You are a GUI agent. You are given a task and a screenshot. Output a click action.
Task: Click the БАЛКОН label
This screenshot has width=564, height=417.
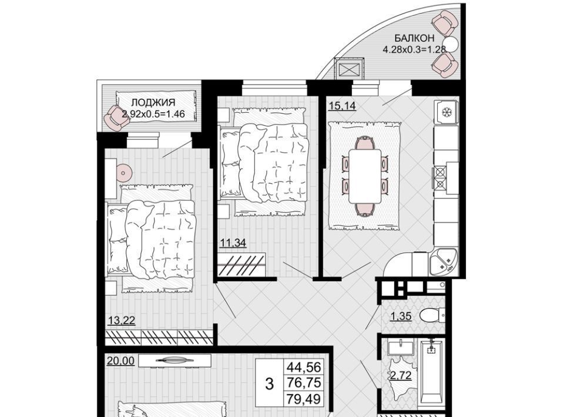coord(414,38)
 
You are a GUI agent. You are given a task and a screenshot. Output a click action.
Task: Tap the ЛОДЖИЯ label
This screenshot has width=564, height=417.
coord(153,102)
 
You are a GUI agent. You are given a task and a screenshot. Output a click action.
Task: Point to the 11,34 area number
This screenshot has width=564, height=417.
coord(233,243)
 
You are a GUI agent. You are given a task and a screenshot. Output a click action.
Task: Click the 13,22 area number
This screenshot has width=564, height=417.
coord(122,320)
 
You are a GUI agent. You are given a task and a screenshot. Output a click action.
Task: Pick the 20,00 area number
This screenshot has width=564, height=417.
coord(120,361)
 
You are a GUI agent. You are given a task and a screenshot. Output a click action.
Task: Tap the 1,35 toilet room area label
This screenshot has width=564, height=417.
coord(401,317)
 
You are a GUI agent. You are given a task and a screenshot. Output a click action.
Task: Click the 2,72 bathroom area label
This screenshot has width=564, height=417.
coord(401,376)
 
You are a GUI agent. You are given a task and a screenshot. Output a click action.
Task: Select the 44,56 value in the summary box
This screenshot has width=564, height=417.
coord(304,367)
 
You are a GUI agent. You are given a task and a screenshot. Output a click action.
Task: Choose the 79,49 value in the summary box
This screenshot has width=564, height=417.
coord(304,399)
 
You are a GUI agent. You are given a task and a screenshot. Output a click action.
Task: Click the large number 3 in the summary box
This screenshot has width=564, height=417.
coord(270,384)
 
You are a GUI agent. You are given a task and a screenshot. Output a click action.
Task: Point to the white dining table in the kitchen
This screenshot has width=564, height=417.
coord(365,177)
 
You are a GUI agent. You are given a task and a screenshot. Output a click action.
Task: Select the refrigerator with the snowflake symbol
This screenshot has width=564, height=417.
coord(446,112)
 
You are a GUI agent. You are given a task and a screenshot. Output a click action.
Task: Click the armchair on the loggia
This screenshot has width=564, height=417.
coord(116,118)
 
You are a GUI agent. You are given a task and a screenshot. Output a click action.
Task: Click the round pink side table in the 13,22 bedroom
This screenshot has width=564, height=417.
coord(123,173)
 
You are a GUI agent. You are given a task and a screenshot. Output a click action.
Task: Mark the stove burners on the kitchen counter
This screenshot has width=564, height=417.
coord(440,177)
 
